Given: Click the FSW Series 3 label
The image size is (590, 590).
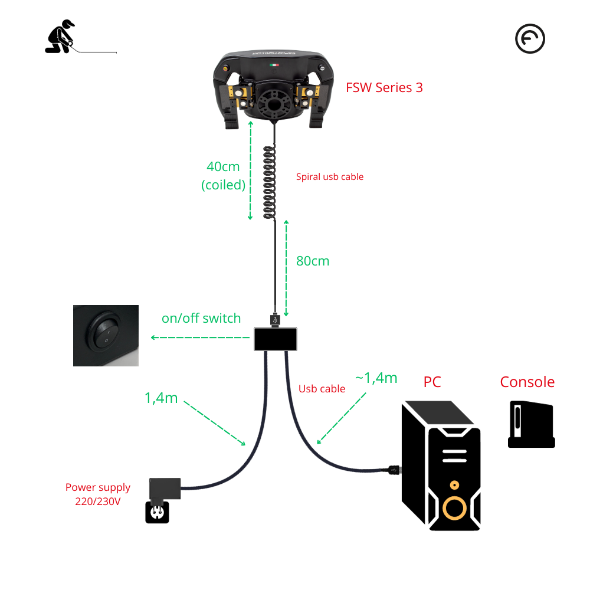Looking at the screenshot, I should tap(384, 88).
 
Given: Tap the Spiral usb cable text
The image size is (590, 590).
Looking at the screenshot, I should tap(329, 177).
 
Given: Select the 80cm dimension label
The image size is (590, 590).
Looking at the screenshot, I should tap(313, 260).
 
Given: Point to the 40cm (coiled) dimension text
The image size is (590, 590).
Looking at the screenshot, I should tap(223, 175).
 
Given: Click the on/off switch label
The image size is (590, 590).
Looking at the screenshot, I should tap(201, 319).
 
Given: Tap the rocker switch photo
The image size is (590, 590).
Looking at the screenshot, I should tap(106, 335).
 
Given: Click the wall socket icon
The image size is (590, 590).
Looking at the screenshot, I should tap(157, 512).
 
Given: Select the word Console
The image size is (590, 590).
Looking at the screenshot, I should tap(527, 382).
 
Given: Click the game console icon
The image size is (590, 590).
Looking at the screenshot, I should tap(531, 425).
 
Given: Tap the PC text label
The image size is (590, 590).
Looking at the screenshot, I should tap(432, 382).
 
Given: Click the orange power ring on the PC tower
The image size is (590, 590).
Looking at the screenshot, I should tap(454, 507).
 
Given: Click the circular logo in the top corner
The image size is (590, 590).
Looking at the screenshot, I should tap(530, 39).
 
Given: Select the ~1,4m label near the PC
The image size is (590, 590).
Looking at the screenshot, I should tap(376, 378).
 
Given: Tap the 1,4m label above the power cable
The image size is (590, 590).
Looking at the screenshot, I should tap(161, 398).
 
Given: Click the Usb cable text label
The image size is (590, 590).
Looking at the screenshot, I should tap(322, 389).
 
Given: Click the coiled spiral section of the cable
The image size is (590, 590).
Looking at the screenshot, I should tap(269, 183).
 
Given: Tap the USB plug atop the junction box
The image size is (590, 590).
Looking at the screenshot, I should tap(274, 320).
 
